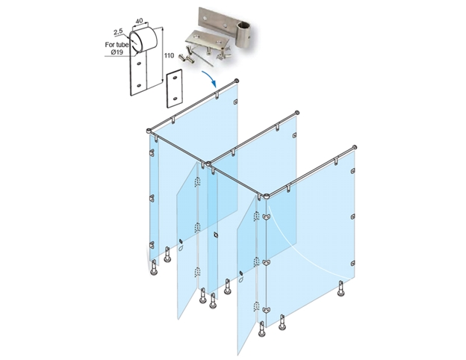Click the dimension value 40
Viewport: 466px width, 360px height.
tap(139, 21)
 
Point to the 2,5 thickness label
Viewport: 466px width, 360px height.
tap(118, 32)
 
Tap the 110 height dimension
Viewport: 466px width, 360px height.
tap(169, 55)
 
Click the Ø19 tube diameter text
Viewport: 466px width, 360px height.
tap(117, 52)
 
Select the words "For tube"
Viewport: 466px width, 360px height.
tap(116, 45)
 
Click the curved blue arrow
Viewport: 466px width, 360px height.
tap(210, 78)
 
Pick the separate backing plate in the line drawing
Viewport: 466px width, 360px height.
tap(175, 88)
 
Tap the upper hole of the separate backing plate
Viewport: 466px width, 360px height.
tap(175, 78)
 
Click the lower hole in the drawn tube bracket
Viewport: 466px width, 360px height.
tap(139, 86)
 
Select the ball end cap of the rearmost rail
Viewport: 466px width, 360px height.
tap(237, 80)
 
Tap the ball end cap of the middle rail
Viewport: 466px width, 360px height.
tap(296, 113)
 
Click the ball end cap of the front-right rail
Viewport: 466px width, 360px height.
tap(354, 148)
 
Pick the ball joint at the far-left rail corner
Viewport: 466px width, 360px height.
tap(149, 131)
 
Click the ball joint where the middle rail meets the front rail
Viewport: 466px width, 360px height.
tap(208, 164)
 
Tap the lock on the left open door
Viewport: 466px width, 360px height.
tap(180, 240)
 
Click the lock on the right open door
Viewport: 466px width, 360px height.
tap(240, 273)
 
